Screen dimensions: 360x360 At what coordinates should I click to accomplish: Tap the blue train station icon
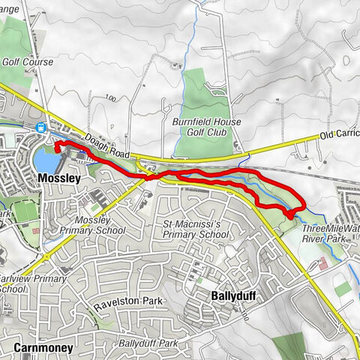(x=39, y=127)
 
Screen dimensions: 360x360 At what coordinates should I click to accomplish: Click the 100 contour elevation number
(x=112, y=98)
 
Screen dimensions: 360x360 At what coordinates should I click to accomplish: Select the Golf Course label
(x=28, y=62)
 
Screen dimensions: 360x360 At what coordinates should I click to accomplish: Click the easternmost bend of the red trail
(x=302, y=204)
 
